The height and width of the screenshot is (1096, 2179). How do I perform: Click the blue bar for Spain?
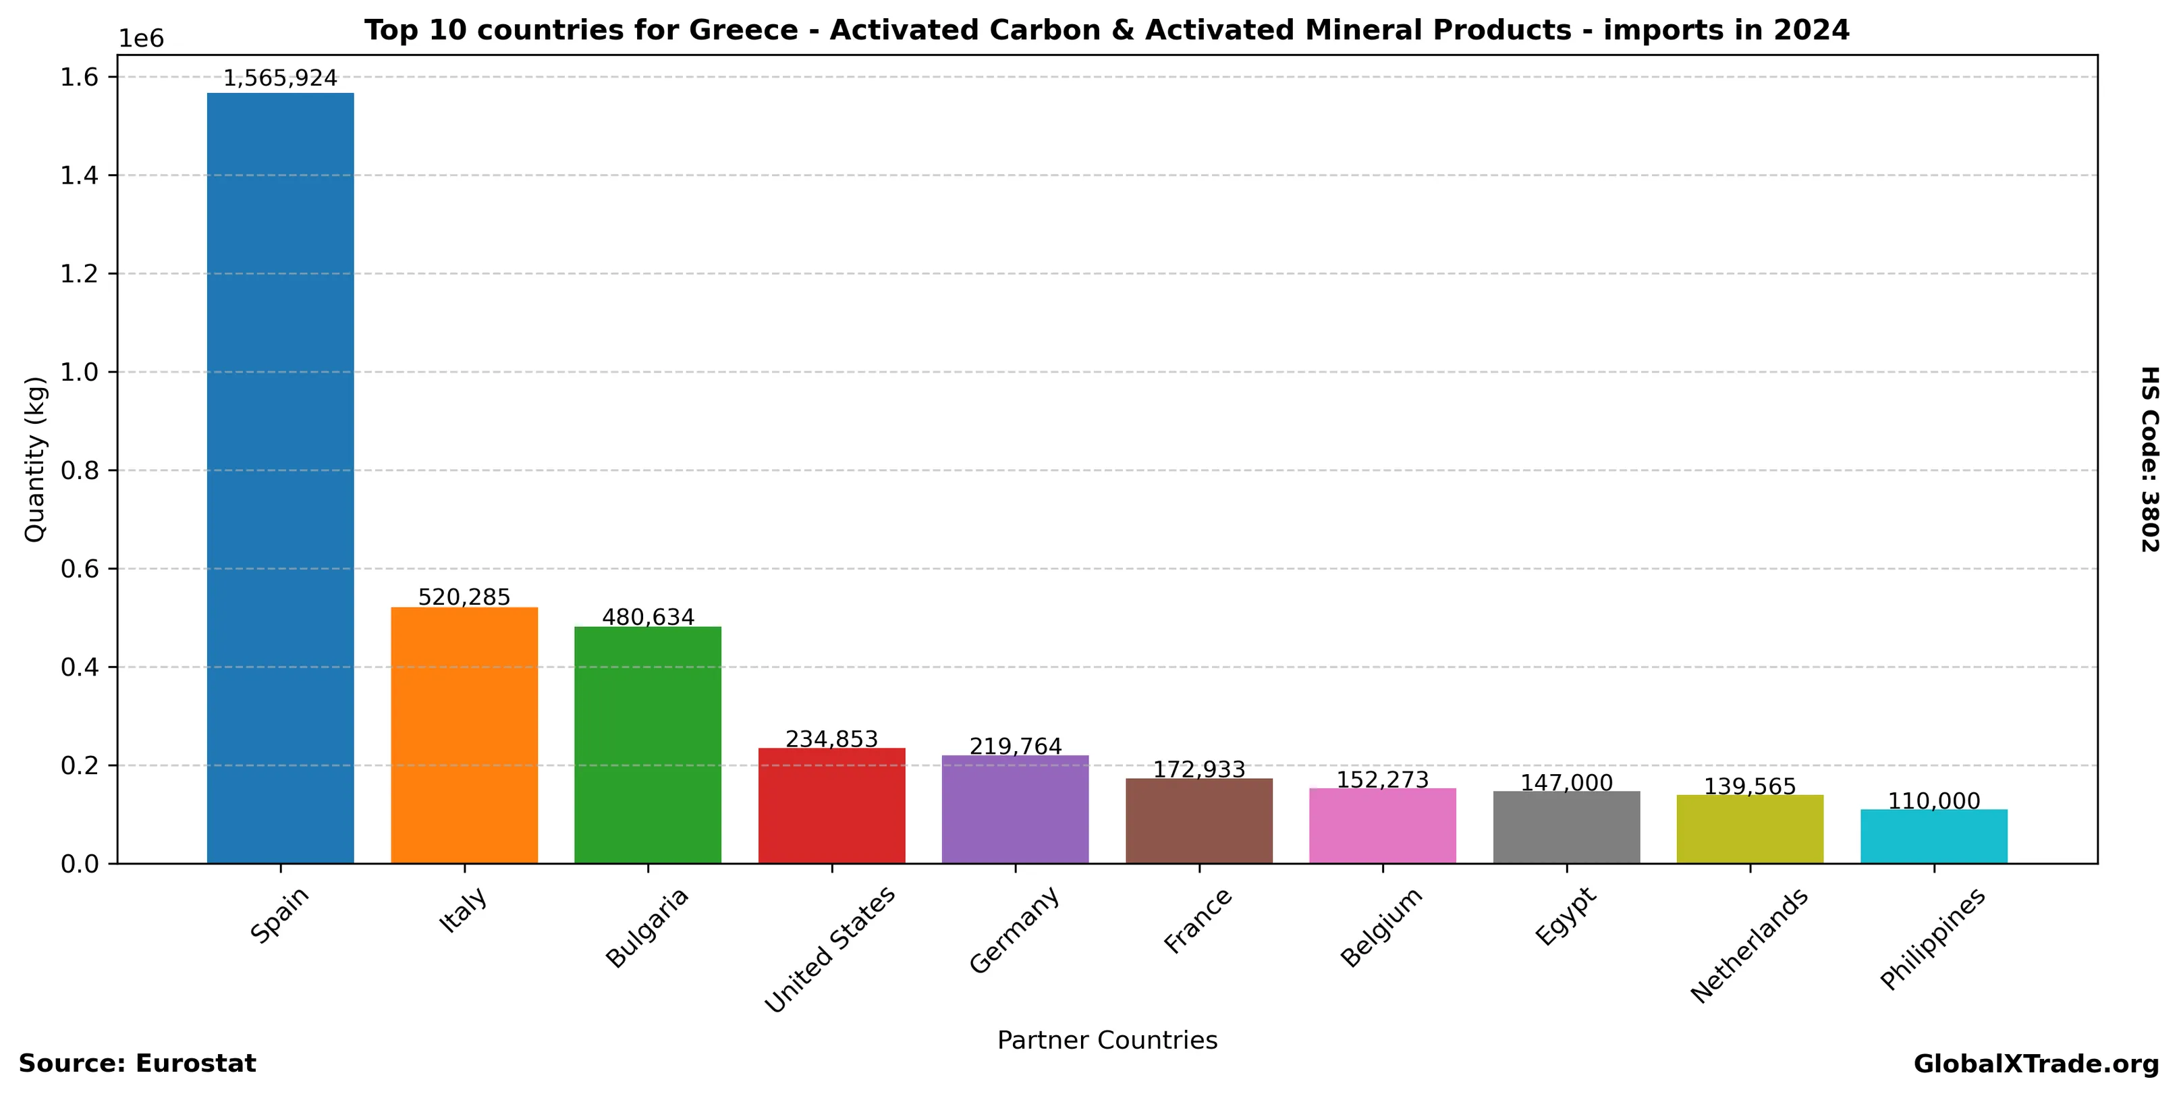click(x=280, y=478)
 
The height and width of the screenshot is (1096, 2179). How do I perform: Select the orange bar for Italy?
click(x=464, y=735)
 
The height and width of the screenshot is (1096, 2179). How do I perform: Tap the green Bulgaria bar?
click(x=647, y=744)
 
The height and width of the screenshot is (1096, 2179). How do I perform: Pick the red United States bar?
click(x=831, y=805)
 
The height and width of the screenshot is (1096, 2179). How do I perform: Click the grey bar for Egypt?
click(x=1566, y=827)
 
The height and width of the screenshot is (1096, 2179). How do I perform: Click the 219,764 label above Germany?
click(x=1015, y=746)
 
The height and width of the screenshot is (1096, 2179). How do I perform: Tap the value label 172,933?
click(x=1198, y=769)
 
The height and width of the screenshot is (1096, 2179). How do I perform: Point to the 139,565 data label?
click(x=1749, y=786)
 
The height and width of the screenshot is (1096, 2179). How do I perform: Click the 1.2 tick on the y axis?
click(x=79, y=274)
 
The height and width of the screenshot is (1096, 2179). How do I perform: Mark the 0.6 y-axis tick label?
click(x=79, y=569)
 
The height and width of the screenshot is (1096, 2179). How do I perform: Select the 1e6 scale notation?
click(x=140, y=39)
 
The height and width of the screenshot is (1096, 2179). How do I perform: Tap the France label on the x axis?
click(x=1198, y=921)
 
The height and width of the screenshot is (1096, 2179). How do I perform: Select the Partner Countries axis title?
click(x=1107, y=1040)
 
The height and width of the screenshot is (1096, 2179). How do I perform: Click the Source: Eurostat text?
click(x=137, y=1064)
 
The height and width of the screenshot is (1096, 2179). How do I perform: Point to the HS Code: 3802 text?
click(x=2149, y=459)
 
